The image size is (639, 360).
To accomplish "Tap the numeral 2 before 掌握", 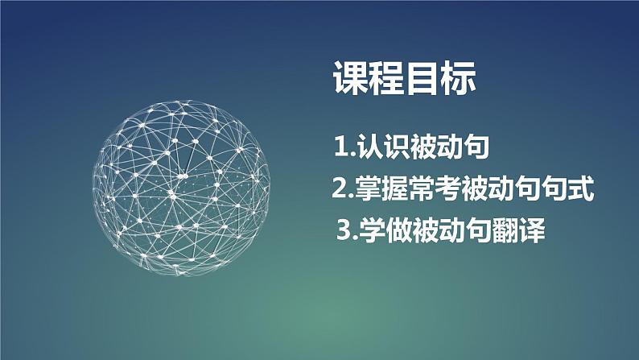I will pyautogui.click(x=339, y=191).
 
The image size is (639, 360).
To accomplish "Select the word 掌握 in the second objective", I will pyautogui.click(x=381, y=191).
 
